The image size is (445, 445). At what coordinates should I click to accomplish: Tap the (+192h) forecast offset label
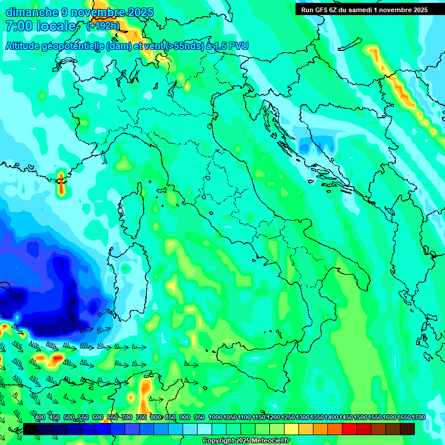[103, 26]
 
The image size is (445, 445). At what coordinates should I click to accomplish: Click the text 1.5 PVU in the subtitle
[231, 45]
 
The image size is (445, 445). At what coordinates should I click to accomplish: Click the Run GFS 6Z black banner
[364, 9]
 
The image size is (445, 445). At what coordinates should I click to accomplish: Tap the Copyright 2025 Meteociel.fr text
[246, 441]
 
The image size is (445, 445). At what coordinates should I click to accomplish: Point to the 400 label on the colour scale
[40, 418]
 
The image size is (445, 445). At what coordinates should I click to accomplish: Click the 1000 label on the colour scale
[215, 418]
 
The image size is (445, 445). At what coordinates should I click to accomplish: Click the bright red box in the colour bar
[349, 429]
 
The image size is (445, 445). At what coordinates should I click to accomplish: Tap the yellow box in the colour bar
[291, 429]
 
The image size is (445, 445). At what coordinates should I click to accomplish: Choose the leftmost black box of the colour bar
[31, 429]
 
